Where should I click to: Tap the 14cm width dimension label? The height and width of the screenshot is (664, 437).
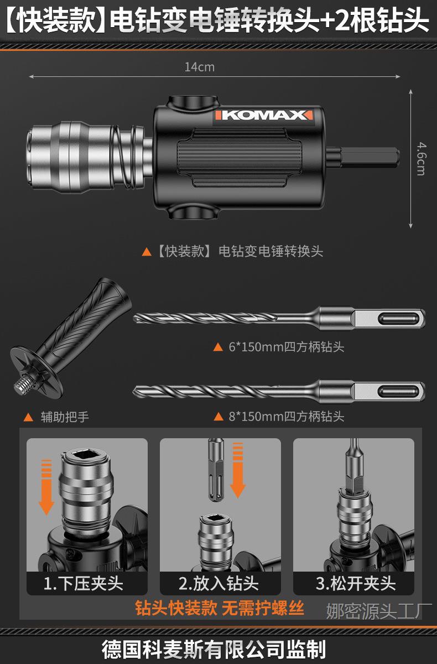tap(199, 67)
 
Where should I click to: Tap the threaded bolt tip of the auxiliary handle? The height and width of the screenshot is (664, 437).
tap(21, 385)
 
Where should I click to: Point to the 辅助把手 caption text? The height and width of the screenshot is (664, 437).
tap(65, 417)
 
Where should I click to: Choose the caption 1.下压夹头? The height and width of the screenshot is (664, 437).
tap(84, 583)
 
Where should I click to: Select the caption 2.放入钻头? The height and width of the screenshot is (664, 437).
tap(219, 583)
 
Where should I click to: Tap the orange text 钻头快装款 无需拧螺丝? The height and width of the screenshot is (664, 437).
tap(220, 609)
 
